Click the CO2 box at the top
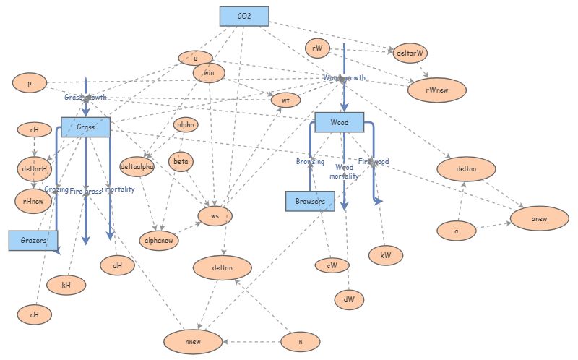pyautogui.click(x=244, y=16)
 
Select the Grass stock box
pyautogui.click(x=85, y=127)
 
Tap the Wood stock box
pyautogui.click(x=340, y=122)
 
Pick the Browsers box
pyautogui.click(x=311, y=201)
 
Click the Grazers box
pyautogui.click(x=33, y=240)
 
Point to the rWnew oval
pyautogui.click(x=437, y=90)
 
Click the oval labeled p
pyautogui.click(x=30, y=83)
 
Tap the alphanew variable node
pyautogui.click(x=158, y=238)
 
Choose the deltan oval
pyautogui.click(x=223, y=268)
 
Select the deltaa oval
pyautogui.click(x=466, y=169)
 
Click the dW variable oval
pyautogui.click(x=349, y=298)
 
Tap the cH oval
pyautogui.click(x=33, y=314)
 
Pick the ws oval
pyautogui.click(x=215, y=215)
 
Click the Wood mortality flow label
pyautogui.click(x=345, y=171)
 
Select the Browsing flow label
pyautogui.click(x=310, y=162)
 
